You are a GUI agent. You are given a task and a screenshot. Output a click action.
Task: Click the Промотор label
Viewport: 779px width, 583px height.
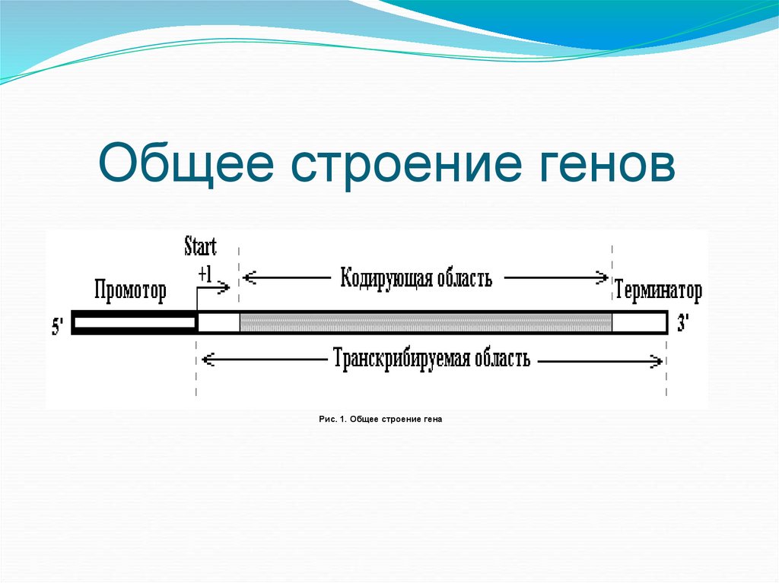(x=130, y=291)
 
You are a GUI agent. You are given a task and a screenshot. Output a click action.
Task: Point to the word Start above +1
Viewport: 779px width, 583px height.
(x=200, y=246)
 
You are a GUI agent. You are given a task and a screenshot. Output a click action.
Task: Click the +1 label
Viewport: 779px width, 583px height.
(x=204, y=274)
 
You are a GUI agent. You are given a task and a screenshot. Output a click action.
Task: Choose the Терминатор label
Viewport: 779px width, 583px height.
(x=658, y=291)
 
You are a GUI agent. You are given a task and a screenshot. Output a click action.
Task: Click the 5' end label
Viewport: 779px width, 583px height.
(x=58, y=327)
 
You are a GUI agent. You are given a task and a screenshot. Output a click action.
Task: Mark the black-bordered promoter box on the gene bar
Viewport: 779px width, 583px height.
(x=135, y=322)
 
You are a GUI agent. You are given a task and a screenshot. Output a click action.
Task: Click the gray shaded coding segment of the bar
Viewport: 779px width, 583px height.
(x=425, y=322)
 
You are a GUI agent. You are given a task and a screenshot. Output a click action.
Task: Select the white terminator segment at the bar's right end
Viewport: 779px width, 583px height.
(x=639, y=322)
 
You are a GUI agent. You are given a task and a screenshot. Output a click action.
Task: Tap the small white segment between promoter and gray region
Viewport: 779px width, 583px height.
(x=219, y=322)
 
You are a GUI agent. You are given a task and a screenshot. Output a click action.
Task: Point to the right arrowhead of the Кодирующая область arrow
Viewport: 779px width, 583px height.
(x=603, y=278)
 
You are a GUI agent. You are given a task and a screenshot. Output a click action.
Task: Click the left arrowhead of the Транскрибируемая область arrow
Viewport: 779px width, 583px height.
(x=206, y=361)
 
